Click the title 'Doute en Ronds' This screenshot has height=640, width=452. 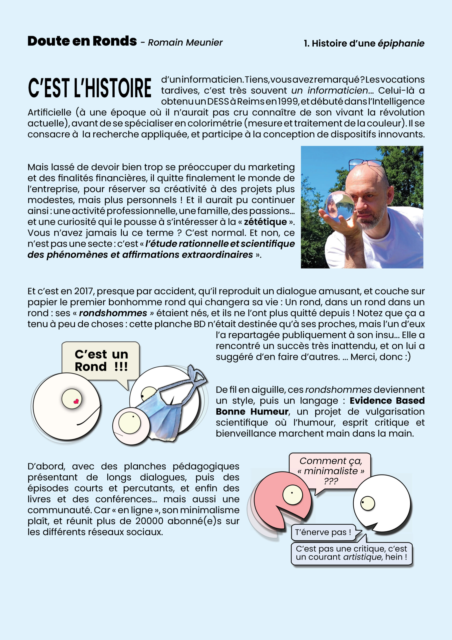(x=82, y=41)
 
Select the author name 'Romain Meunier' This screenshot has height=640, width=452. (x=185, y=43)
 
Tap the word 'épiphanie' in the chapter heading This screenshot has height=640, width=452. (x=401, y=43)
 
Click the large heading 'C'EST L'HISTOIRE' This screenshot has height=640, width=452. (x=90, y=88)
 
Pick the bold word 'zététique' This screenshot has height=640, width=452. (x=265, y=222)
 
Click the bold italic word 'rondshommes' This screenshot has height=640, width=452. (x=113, y=313)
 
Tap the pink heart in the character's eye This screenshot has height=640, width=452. (x=76, y=401)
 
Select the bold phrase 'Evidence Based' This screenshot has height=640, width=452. (x=387, y=400)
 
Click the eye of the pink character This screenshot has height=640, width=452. (x=292, y=494)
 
